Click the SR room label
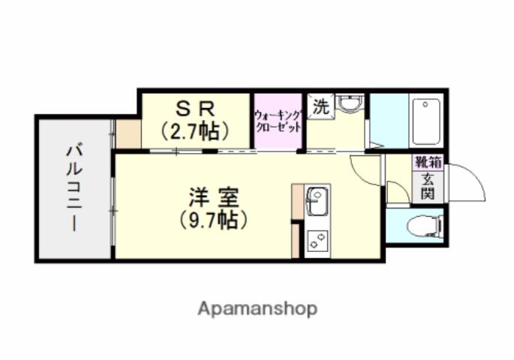pos(194,109)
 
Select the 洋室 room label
pos(213,199)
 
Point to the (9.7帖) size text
pos(213,221)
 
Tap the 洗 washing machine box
pos(320,107)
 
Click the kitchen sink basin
pos(317,200)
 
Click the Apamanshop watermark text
pos(257,307)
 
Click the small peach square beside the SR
pos(127,133)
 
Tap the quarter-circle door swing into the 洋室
pos(368,170)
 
